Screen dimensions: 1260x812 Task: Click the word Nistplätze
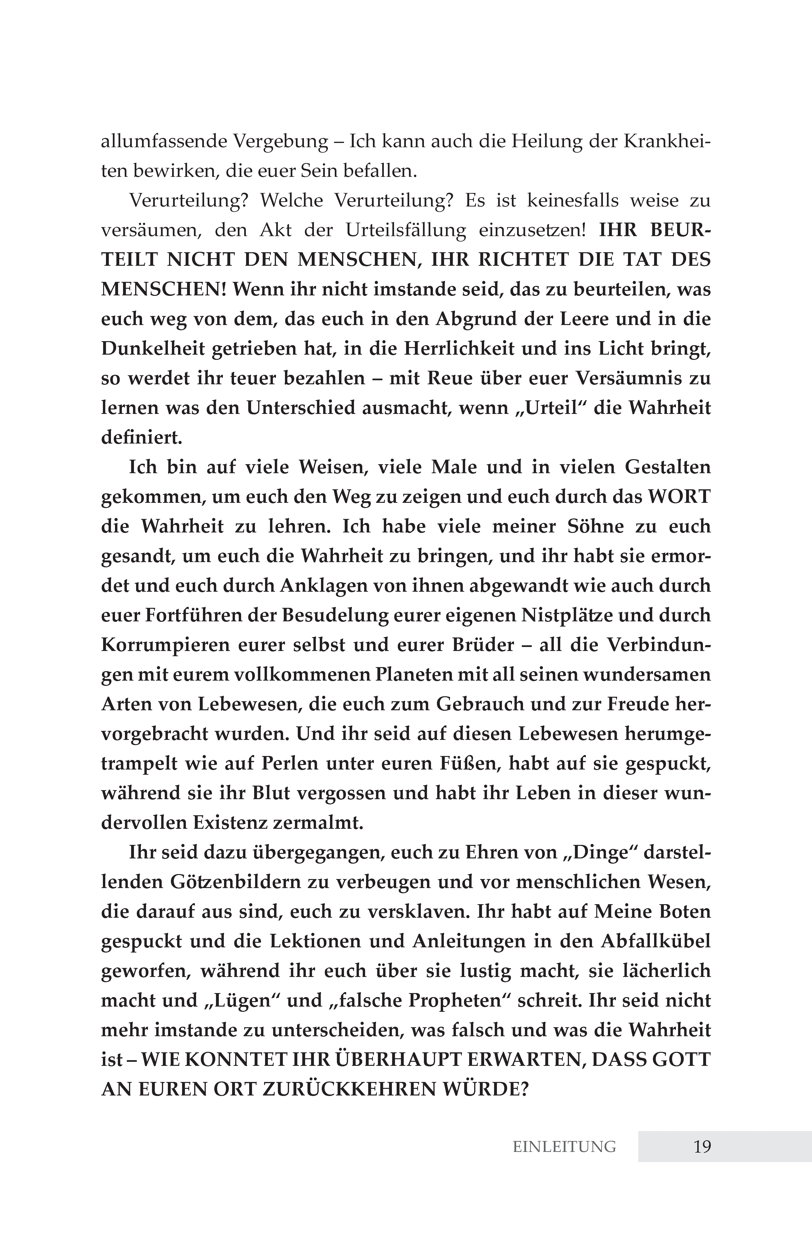coord(567,615)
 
